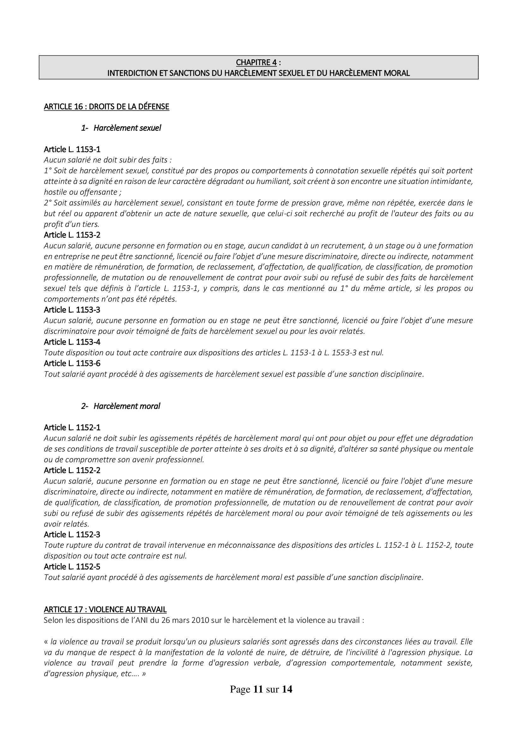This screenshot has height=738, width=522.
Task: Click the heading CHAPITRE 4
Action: [x=256, y=62]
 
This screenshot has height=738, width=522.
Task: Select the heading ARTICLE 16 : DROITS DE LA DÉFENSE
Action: [x=106, y=107]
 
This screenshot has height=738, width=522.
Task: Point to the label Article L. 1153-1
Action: [x=72, y=150]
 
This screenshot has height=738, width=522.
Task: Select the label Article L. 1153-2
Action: [x=72, y=235]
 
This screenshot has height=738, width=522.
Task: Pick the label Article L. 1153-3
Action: [x=72, y=310]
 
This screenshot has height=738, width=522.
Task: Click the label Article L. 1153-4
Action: [x=72, y=342]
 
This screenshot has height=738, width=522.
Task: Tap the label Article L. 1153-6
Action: [x=72, y=363]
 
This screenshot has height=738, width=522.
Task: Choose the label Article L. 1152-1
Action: [x=72, y=428]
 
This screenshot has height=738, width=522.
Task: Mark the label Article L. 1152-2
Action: [x=72, y=470]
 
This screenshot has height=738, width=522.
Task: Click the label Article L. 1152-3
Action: [x=72, y=534]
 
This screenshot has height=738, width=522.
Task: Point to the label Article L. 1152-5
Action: [x=72, y=567]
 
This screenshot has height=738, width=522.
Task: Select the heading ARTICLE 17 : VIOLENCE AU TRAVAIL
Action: [x=105, y=610]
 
